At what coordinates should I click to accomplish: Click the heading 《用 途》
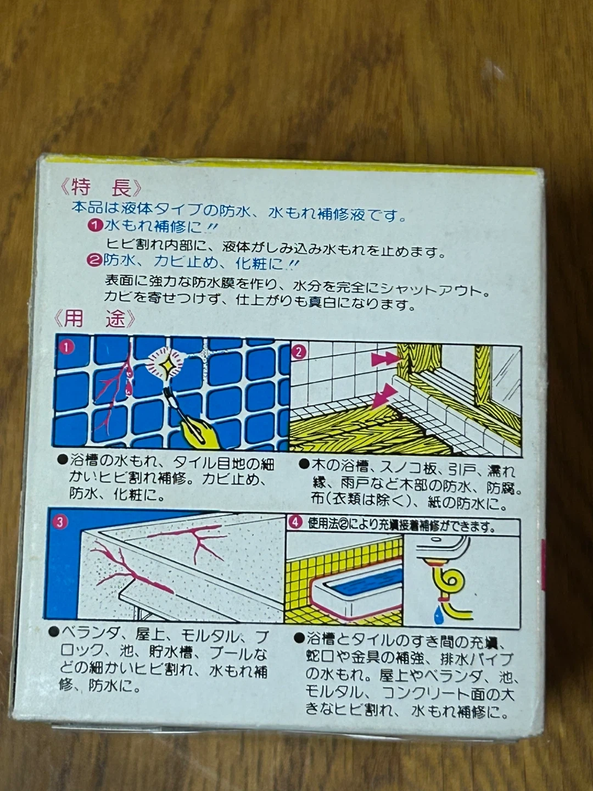(x=94, y=319)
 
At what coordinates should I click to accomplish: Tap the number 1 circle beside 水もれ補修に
(x=94, y=226)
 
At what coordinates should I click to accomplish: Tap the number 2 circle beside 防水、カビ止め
(x=94, y=261)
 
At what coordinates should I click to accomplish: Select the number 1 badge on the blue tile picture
(x=68, y=347)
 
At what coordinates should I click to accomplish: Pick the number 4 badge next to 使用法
(x=295, y=523)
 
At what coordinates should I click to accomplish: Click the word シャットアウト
(x=435, y=291)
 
